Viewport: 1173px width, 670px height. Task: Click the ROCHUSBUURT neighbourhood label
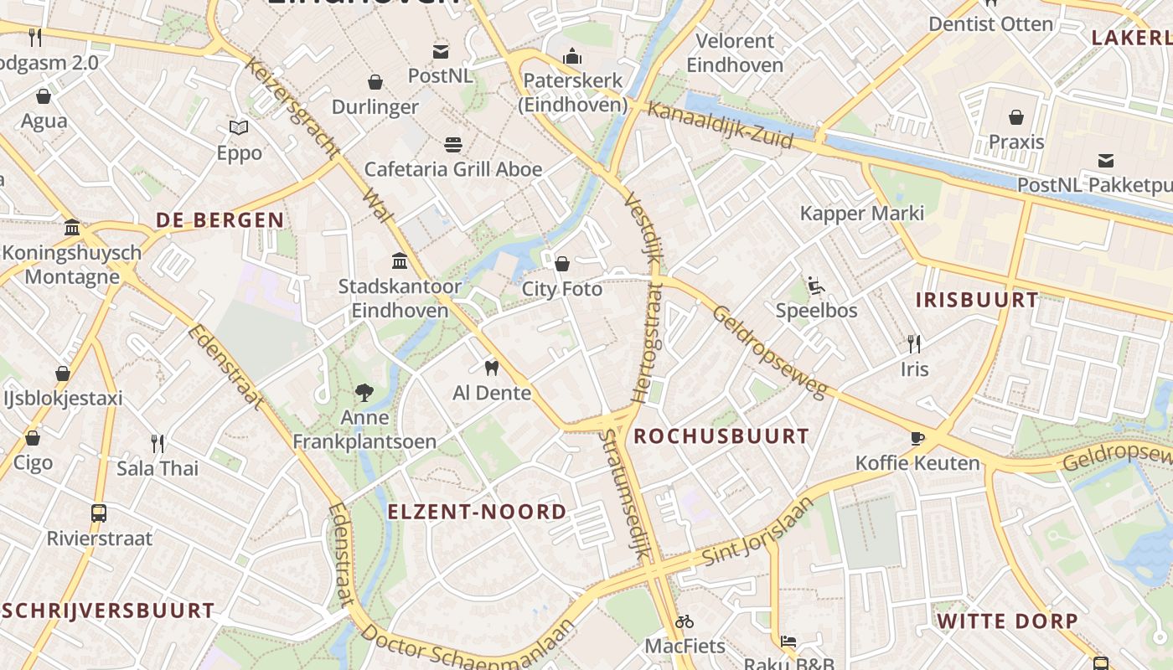pyautogui.click(x=721, y=435)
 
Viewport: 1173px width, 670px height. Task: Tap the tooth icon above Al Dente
pyautogui.click(x=492, y=367)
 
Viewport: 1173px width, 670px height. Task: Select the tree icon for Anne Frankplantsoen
pyautogui.click(x=364, y=392)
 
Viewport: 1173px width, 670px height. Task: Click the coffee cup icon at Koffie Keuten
pyautogui.click(x=917, y=438)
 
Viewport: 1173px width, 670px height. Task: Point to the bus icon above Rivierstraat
pyautogui.click(x=99, y=513)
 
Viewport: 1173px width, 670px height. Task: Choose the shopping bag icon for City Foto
pyautogui.click(x=562, y=264)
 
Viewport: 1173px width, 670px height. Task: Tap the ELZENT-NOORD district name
pyautogui.click(x=477, y=512)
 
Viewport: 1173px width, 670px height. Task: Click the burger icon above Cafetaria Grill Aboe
pyautogui.click(x=453, y=144)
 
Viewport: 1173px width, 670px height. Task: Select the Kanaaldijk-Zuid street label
pyautogui.click(x=721, y=126)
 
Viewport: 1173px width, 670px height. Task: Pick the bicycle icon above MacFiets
pyautogui.click(x=685, y=621)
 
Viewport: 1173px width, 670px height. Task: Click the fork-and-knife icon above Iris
pyautogui.click(x=914, y=343)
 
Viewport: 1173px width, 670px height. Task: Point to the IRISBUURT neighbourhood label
pyautogui.click(x=976, y=300)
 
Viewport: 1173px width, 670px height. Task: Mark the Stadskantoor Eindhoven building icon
pyautogui.click(x=400, y=261)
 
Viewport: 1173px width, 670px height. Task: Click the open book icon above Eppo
pyautogui.click(x=239, y=128)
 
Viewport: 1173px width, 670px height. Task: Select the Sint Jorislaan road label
pyautogui.click(x=757, y=531)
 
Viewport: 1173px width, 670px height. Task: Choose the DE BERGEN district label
pyautogui.click(x=220, y=220)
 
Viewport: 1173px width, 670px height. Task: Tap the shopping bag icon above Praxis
pyautogui.click(x=1016, y=117)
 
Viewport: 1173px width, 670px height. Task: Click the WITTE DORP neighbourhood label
pyautogui.click(x=1007, y=621)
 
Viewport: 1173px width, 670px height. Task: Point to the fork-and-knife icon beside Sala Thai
pyautogui.click(x=157, y=443)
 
